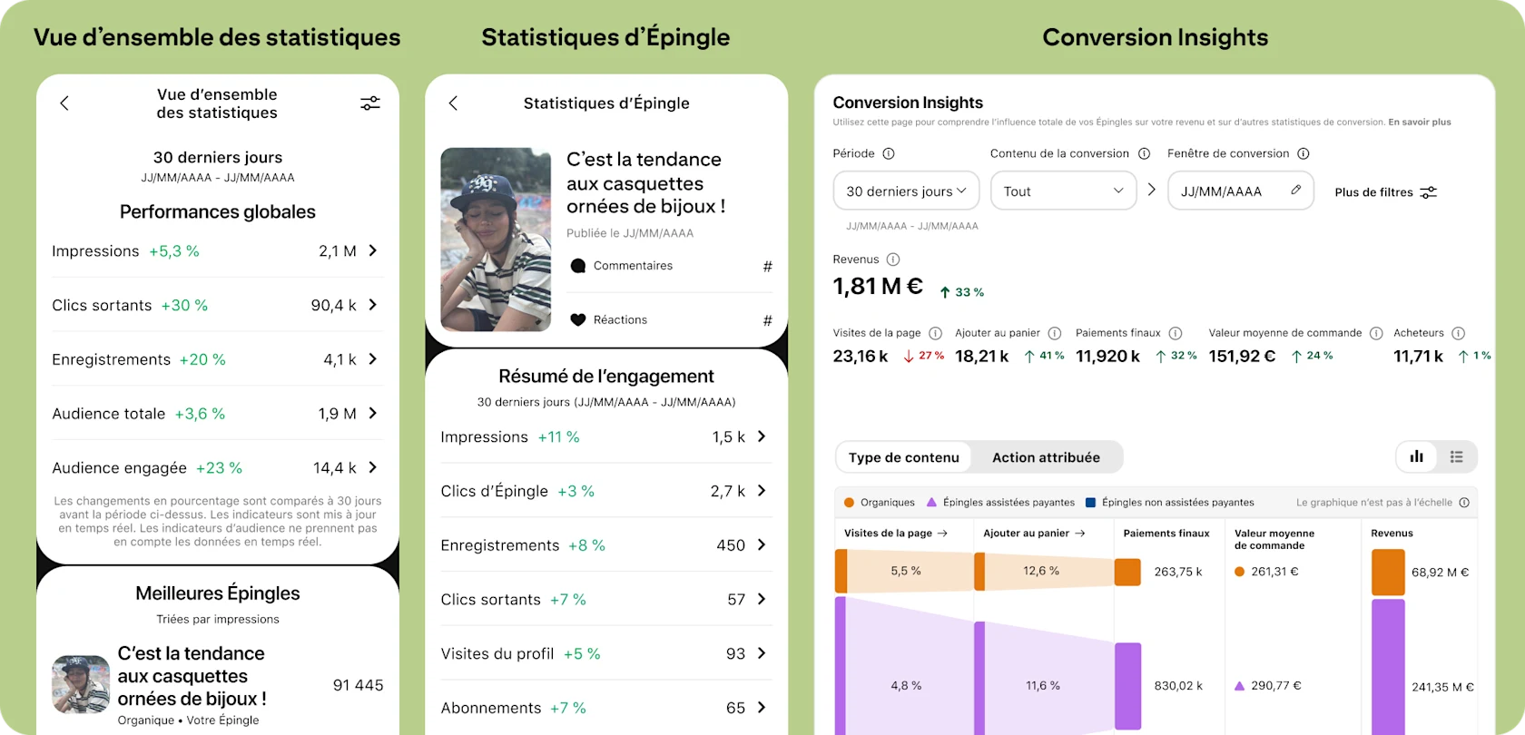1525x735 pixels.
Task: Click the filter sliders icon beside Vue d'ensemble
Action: coord(370,103)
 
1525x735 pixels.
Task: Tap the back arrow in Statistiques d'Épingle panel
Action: coord(453,103)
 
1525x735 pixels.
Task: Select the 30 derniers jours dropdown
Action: coord(906,191)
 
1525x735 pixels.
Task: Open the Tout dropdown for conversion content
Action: coord(1063,191)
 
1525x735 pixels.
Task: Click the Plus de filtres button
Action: coord(1385,192)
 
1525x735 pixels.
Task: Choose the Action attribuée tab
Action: coord(1046,457)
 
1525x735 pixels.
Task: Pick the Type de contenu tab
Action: coord(903,457)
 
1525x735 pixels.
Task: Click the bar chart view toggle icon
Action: coord(1416,457)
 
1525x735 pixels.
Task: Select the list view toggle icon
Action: coord(1457,457)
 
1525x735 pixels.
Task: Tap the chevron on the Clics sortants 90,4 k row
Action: coord(373,305)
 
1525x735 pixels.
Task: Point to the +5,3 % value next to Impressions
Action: coord(174,251)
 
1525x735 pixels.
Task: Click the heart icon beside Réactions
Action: coord(577,319)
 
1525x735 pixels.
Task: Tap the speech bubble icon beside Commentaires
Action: coord(577,266)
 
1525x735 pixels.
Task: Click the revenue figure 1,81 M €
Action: coord(878,287)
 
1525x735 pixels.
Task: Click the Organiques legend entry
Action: coord(880,502)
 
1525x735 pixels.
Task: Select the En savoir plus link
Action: coord(1420,122)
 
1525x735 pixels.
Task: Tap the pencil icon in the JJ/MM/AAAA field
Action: coord(1295,191)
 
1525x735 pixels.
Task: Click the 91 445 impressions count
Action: coord(358,685)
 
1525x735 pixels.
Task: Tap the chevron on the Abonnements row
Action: coord(762,708)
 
